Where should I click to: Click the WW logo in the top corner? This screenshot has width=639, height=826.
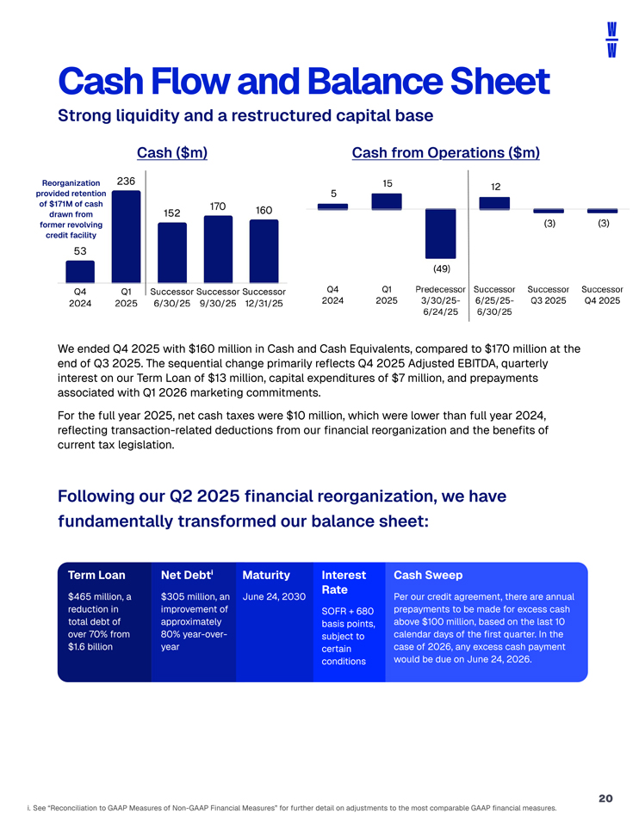click(x=611, y=40)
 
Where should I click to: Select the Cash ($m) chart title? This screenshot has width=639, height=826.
click(x=172, y=152)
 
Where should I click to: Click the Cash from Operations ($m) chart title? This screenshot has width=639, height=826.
click(x=445, y=152)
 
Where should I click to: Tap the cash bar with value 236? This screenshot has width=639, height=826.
click(x=126, y=236)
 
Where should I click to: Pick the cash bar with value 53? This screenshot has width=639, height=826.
click(x=80, y=272)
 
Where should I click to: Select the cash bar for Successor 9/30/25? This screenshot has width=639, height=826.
click(x=218, y=248)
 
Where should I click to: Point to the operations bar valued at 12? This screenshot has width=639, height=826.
click(x=494, y=202)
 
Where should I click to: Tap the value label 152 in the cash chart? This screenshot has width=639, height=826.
click(x=171, y=213)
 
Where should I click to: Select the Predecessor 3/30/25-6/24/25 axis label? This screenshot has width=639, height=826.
click(x=440, y=300)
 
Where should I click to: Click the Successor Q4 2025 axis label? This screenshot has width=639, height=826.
click(x=602, y=294)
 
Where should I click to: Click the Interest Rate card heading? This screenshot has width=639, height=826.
click(x=343, y=583)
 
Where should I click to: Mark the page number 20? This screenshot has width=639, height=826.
click(x=605, y=798)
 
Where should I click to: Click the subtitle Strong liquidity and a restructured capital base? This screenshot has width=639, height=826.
click(x=245, y=114)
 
